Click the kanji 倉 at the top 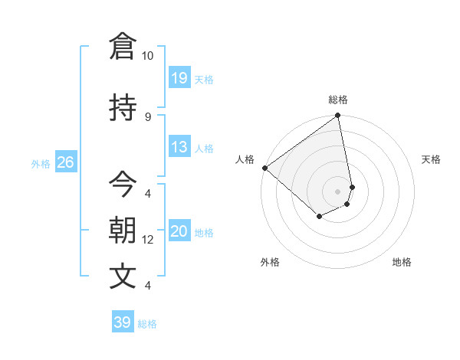click(x=123, y=46)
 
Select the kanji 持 click(x=123, y=108)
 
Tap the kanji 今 click(x=123, y=184)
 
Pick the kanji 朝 click(x=123, y=230)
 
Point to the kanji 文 click(x=123, y=276)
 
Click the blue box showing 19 click(x=179, y=77)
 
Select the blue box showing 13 click(x=179, y=147)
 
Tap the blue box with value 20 click(x=179, y=231)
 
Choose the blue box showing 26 click(x=65, y=162)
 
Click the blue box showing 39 click(x=123, y=322)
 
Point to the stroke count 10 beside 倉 click(x=148, y=56)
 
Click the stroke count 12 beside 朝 click(x=148, y=240)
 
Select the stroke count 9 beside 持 click(x=148, y=116)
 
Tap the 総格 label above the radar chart click(x=338, y=100)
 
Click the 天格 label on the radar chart click(x=431, y=159)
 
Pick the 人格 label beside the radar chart click(x=245, y=159)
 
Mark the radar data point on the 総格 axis click(x=338, y=116)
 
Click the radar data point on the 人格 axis click(x=264, y=168)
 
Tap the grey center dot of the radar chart click(x=338, y=191)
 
